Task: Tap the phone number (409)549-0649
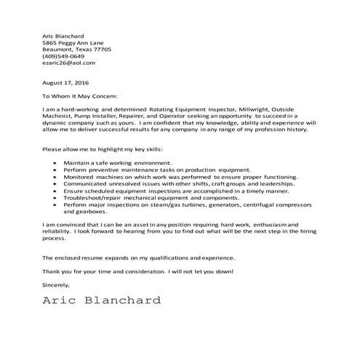63,56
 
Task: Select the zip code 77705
103,49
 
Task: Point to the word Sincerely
58,285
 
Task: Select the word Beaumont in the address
58,49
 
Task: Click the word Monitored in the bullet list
80,176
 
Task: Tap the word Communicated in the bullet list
85,183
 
